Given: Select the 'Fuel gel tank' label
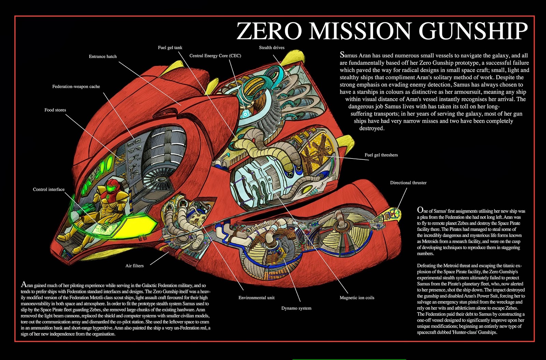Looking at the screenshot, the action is point(170,48).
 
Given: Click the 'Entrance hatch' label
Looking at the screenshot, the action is point(103,57).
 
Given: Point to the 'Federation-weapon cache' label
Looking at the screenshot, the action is point(76,87).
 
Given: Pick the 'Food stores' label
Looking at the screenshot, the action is point(55,110).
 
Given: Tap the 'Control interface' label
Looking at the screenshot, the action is point(49,190).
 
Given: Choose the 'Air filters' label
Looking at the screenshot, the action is point(134,266).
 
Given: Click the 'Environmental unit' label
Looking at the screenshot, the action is point(256,298).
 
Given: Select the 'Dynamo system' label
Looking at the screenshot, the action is point(296,308).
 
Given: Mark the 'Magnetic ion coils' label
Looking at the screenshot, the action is point(357,298).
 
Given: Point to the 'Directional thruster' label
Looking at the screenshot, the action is point(408,183).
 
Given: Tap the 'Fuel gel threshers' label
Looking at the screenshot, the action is point(381,155).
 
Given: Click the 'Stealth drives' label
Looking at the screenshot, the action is point(272,48).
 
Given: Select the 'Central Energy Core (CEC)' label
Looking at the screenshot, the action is point(215,56).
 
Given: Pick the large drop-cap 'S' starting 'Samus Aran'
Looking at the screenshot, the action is point(342,55).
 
